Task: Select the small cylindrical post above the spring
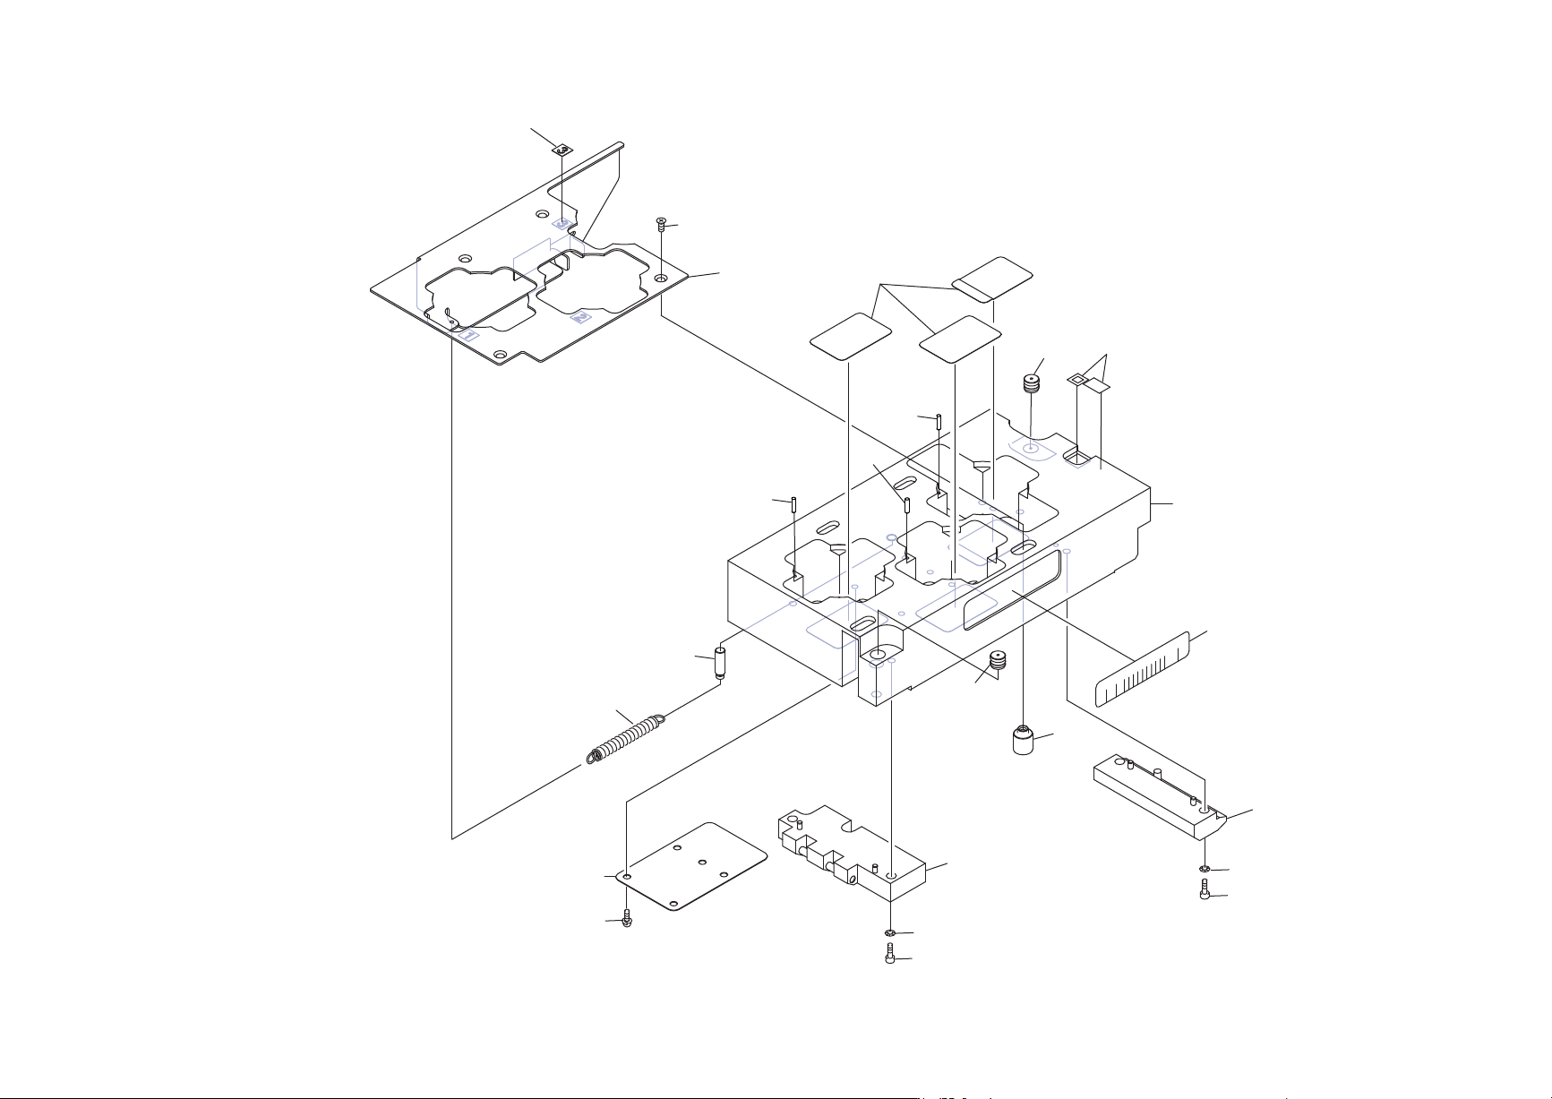coord(718,664)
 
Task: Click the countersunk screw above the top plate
coord(661,225)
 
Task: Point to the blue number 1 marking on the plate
coord(467,335)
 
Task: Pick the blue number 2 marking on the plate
coord(582,317)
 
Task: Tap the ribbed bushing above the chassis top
coord(1032,385)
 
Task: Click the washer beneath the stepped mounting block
coord(891,933)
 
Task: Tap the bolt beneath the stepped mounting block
coord(890,957)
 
